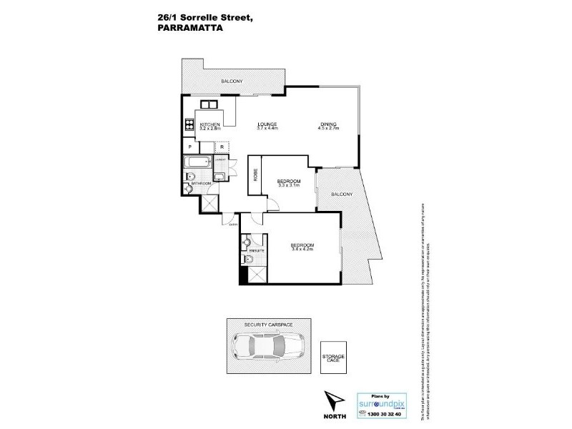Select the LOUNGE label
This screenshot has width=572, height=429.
tap(267, 124)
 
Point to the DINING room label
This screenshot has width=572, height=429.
tap(329, 124)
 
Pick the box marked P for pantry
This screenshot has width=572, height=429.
tap(190, 147)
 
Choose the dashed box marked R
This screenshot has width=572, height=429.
tap(222, 147)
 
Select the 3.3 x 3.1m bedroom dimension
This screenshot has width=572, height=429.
tap(289, 185)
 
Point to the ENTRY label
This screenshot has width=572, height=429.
tap(233, 225)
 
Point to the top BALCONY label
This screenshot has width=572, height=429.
tap(232, 82)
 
